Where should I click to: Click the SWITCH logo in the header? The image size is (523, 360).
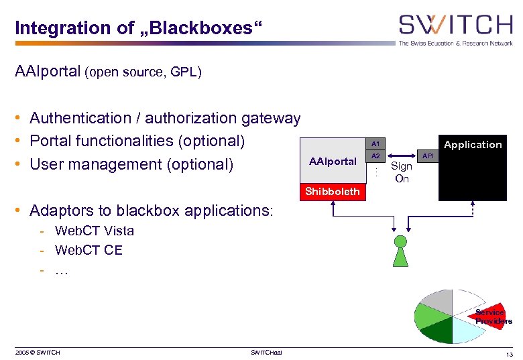click(455, 27)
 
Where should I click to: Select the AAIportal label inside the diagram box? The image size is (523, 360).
click(332, 162)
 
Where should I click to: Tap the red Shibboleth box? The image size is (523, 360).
click(332, 192)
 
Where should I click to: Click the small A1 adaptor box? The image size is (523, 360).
click(375, 144)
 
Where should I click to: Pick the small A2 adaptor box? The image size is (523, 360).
click(375, 156)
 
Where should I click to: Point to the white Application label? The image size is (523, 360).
click(472, 145)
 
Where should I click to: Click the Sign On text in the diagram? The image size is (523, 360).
click(402, 172)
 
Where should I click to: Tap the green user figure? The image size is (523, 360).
click(401, 250)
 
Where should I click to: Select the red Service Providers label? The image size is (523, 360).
click(491, 316)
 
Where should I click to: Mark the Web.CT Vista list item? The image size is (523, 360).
click(94, 231)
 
